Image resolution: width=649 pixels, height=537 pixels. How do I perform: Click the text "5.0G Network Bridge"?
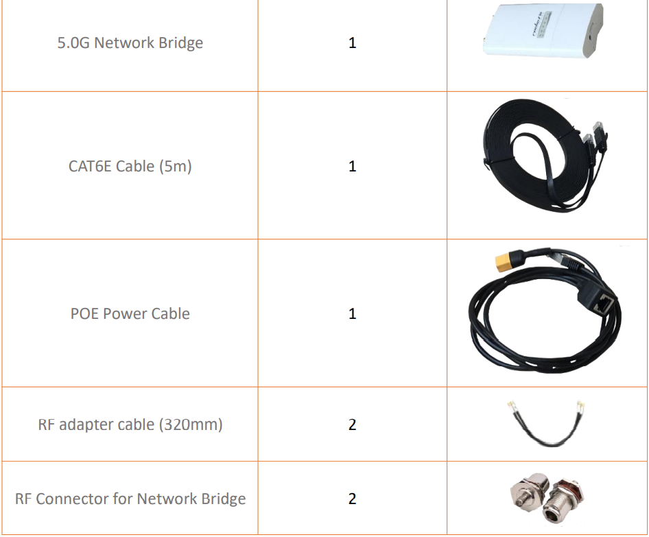[130, 43]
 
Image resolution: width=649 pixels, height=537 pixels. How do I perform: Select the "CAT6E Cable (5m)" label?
[130, 167]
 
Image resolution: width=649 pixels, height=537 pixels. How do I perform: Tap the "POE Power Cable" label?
[130, 313]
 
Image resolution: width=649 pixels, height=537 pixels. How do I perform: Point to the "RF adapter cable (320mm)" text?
[130, 425]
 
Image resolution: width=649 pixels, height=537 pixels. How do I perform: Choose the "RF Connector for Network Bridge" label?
[130, 499]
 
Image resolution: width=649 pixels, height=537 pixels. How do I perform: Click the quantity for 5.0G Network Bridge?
[352, 43]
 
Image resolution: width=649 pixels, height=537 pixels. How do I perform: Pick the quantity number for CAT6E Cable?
[352, 167]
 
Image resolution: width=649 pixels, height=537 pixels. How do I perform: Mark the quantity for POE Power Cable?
[352, 313]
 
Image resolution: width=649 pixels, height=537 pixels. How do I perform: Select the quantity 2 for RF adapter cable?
[352, 425]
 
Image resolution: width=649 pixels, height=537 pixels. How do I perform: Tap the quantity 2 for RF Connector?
[352, 499]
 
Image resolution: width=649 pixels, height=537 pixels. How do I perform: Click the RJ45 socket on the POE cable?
[602, 305]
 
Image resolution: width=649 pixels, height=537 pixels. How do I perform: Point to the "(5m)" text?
[176, 167]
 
